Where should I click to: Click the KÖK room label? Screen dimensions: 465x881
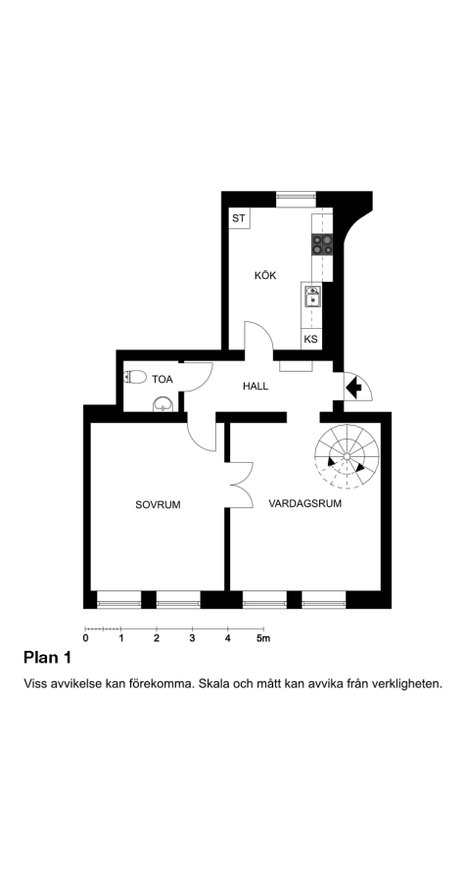click(x=265, y=275)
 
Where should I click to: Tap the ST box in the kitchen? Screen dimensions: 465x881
click(x=239, y=218)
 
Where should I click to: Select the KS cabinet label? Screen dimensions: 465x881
click(x=310, y=340)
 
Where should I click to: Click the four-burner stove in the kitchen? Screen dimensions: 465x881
click(x=322, y=245)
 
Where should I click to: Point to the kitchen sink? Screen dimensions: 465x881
click(x=313, y=297)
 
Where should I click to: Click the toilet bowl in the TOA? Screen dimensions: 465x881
click(x=135, y=377)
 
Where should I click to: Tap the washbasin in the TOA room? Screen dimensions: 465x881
click(x=163, y=404)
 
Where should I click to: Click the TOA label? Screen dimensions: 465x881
click(x=163, y=380)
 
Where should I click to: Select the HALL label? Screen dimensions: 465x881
click(x=256, y=387)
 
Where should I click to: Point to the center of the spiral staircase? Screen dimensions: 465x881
click(x=348, y=455)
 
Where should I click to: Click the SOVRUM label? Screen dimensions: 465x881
click(x=158, y=504)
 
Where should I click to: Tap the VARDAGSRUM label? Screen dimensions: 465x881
click(x=305, y=503)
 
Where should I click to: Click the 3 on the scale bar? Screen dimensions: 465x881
click(x=192, y=638)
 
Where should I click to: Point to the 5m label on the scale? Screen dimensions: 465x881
click(x=263, y=638)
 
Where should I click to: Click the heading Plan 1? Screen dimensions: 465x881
click(x=47, y=658)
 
